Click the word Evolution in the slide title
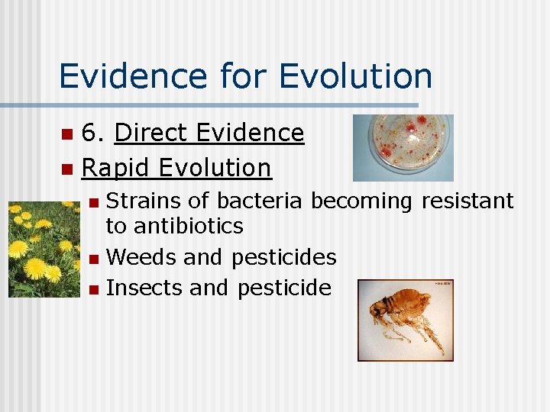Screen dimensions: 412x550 point(356,76)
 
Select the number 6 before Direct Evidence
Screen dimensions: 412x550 point(91,134)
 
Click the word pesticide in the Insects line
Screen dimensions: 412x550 point(284,288)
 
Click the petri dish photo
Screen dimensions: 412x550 point(403,147)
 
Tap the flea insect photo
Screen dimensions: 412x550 point(405,320)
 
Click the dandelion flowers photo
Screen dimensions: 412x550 point(44,249)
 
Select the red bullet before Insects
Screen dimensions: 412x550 point(93,289)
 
